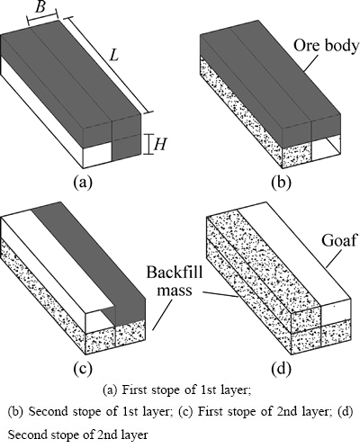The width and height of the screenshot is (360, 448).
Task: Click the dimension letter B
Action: point(40,6)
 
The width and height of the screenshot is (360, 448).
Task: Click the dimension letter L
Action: point(114,55)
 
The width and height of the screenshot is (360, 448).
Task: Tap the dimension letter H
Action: point(160,145)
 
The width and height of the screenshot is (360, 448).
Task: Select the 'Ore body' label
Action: point(326,46)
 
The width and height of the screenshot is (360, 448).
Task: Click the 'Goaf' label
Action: point(338,240)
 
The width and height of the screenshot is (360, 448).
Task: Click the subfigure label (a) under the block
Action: point(83,182)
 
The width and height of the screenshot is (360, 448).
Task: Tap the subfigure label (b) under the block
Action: point(281,183)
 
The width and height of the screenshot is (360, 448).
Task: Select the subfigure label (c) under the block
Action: point(83,368)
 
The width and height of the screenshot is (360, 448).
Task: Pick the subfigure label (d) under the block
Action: point(281,369)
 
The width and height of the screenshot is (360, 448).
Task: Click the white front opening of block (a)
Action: point(97,154)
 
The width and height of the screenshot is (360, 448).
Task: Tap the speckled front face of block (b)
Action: point(297,156)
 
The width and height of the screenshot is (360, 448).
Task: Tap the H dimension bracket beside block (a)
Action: point(148,144)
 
